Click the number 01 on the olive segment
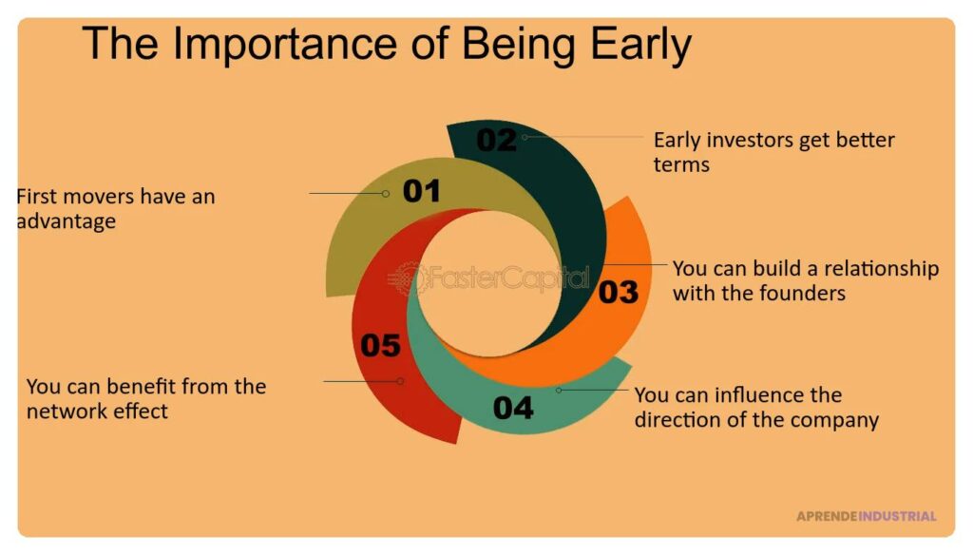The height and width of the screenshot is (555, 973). (x=421, y=191)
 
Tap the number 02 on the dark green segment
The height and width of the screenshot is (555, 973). (x=496, y=140)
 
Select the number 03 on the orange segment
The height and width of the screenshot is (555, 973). (x=618, y=293)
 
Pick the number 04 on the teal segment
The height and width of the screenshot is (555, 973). (x=513, y=408)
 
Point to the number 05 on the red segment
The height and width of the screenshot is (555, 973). (x=380, y=345)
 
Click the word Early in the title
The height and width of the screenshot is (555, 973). (x=640, y=46)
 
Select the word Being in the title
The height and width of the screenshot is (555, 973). (x=519, y=46)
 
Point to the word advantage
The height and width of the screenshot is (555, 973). (x=67, y=221)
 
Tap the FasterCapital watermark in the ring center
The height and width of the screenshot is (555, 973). (x=488, y=278)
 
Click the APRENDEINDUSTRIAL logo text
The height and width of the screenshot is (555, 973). (x=867, y=516)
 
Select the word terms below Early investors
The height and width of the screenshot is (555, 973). (x=681, y=165)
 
